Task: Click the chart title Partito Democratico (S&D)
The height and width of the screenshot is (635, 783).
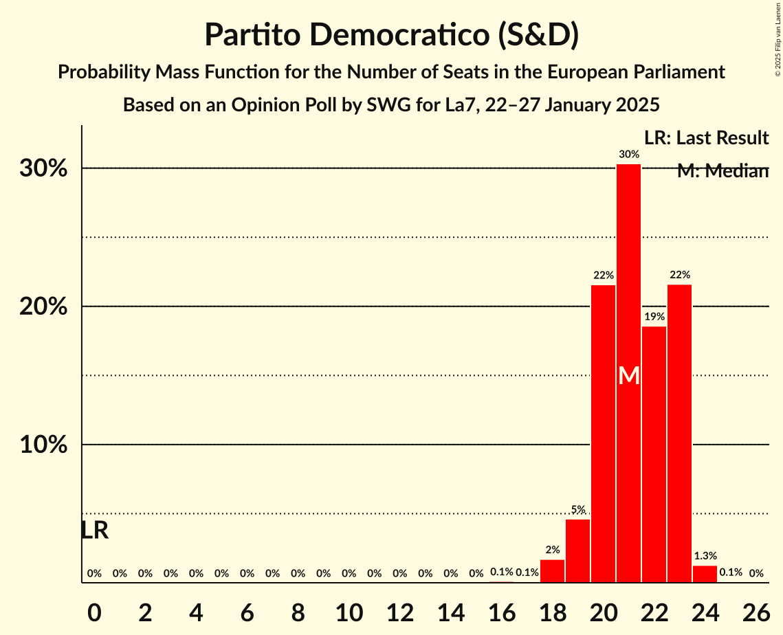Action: click(x=391, y=34)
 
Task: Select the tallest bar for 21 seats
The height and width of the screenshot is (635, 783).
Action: click(x=628, y=373)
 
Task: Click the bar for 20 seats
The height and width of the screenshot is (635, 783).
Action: click(x=603, y=434)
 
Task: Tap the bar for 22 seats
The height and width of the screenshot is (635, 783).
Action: click(x=654, y=454)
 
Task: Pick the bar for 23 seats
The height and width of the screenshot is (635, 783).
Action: click(x=679, y=434)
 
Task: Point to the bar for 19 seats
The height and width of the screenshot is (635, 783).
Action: click(x=577, y=550)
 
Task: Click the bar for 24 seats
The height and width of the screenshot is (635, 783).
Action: click(x=705, y=574)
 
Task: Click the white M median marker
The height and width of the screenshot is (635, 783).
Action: click(x=628, y=376)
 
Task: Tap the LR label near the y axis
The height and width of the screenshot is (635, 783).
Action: click(x=94, y=531)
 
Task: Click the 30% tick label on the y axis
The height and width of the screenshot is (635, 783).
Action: click(x=43, y=169)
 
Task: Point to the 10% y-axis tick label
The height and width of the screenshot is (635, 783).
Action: click(x=43, y=445)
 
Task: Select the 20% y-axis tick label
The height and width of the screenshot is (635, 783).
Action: click(x=43, y=307)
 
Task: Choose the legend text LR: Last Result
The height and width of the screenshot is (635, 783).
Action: click(x=706, y=138)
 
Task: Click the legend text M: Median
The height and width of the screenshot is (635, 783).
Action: click(x=722, y=171)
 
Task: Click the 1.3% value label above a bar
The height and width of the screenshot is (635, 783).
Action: click(x=705, y=556)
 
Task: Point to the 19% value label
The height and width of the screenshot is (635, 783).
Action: click(x=654, y=317)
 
